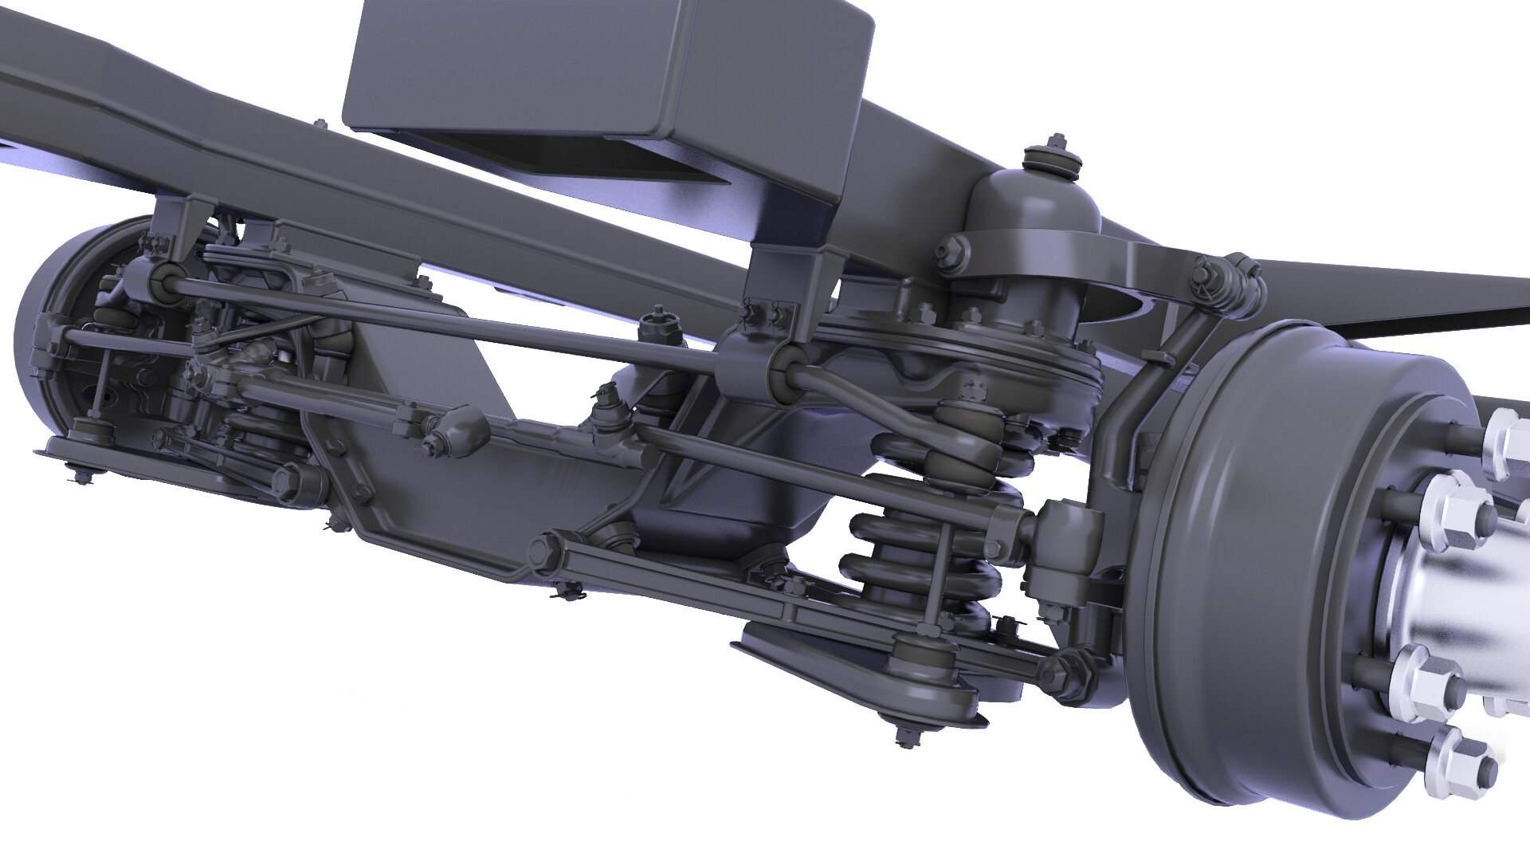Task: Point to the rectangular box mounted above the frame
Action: [606, 80]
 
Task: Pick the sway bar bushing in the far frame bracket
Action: [163, 278]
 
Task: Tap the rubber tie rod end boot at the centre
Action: [462, 431]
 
